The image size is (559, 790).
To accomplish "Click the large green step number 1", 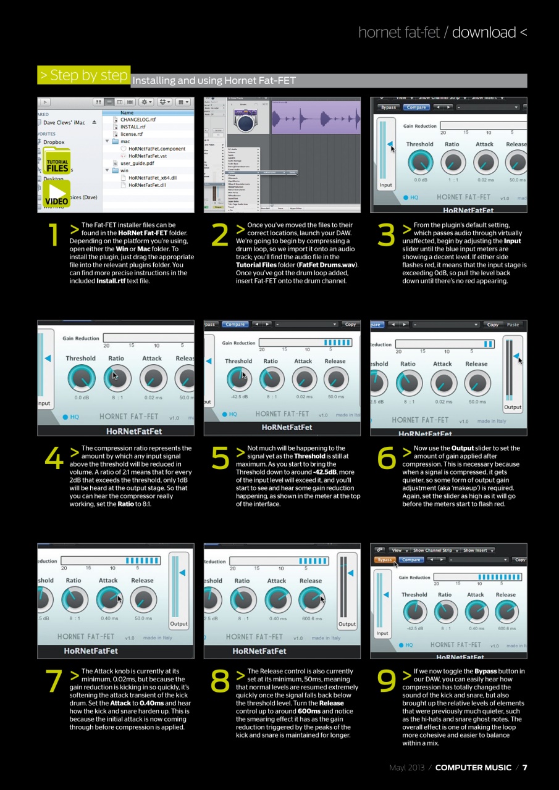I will [x=54, y=235].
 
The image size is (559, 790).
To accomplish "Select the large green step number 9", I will [x=387, y=681].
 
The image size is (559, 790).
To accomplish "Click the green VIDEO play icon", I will [x=57, y=193].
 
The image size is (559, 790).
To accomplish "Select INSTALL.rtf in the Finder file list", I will [x=133, y=127].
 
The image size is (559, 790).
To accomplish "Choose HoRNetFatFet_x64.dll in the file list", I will [x=152, y=178].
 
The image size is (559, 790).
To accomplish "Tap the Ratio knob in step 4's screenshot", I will [x=116, y=378].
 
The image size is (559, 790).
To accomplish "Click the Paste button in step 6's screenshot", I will [x=513, y=325].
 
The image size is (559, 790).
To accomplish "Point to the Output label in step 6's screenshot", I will [x=513, y=407].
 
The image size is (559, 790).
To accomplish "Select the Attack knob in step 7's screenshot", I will [x=109, y=599].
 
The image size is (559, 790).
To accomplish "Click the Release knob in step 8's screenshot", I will [x=311, y=599].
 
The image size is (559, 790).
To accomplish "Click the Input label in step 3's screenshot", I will [x=385, y=185].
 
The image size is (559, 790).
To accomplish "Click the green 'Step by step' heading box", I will [x=83, y=75].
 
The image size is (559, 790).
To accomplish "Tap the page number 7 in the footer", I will [x=524, y=767].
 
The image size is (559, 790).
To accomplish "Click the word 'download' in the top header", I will [x=484, y=32].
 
